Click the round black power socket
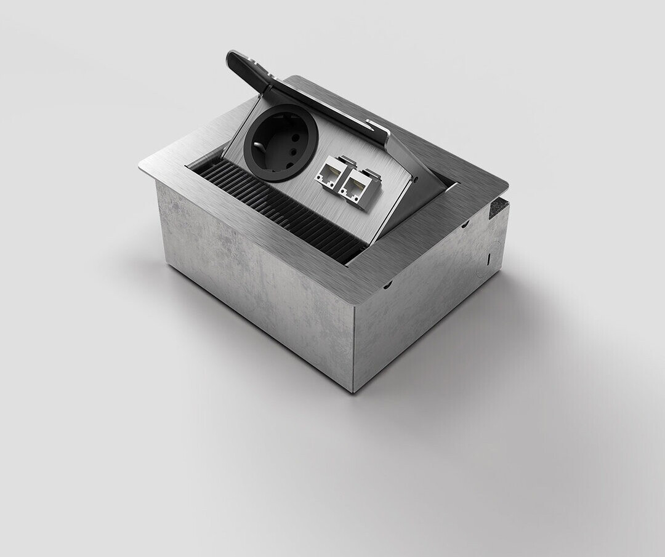[x=281, y=142]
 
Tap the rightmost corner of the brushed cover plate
[x=507, y=183]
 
